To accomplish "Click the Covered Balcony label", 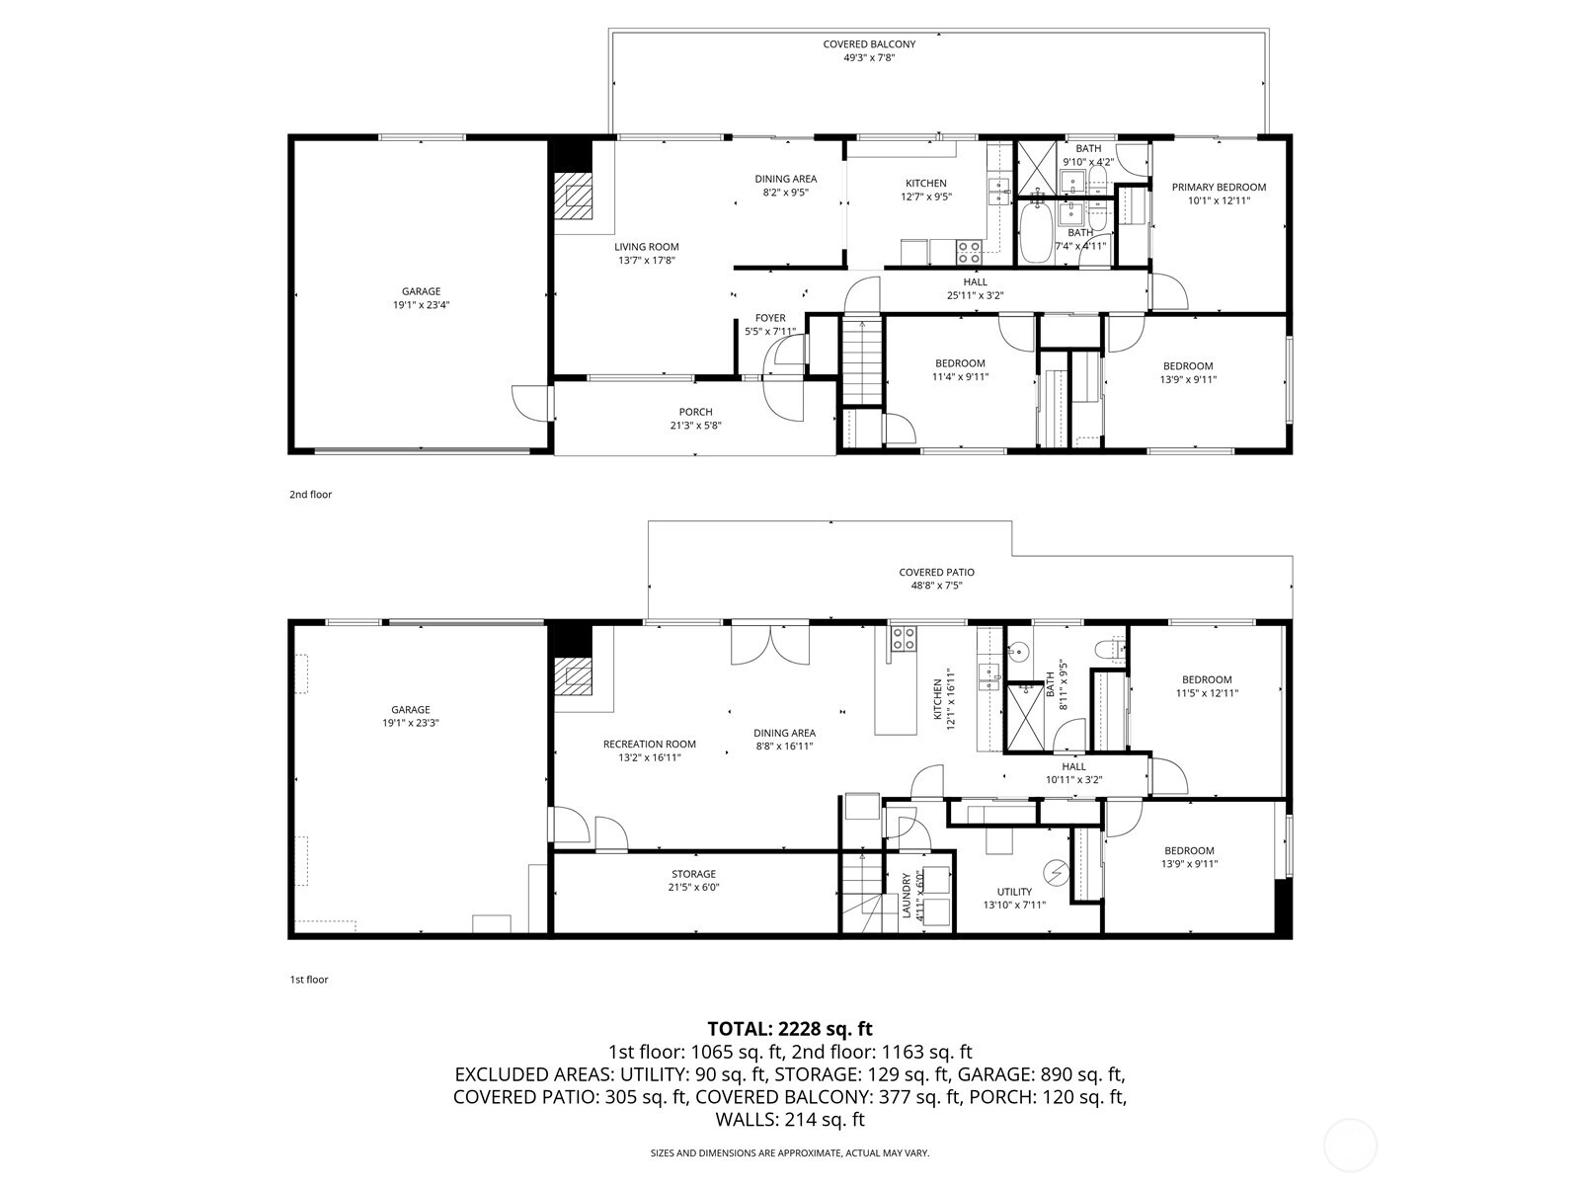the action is (869, 43).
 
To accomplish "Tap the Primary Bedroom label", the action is (1219, 187).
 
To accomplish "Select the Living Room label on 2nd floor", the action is (647, 247).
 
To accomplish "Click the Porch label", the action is (695, 412).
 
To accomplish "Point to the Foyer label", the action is (770, 318).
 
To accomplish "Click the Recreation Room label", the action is (649, 744).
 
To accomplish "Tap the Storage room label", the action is (694, 874).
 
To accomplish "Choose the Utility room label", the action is (1014, 892).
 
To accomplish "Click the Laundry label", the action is (907, 895).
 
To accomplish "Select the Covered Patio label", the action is (936, 572).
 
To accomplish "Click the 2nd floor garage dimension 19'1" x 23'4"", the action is (421, 304).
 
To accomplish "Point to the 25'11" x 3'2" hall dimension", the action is (975, 295).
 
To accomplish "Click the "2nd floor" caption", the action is (310, 495).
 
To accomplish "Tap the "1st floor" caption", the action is (309, 980).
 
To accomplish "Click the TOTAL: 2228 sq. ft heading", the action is (790, 1029).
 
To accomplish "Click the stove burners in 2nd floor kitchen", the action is (969, 253).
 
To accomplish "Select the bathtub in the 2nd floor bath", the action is (1035, 232).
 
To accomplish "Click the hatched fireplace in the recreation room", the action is (573, 677).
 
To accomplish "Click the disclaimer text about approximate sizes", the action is (790, 1152).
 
